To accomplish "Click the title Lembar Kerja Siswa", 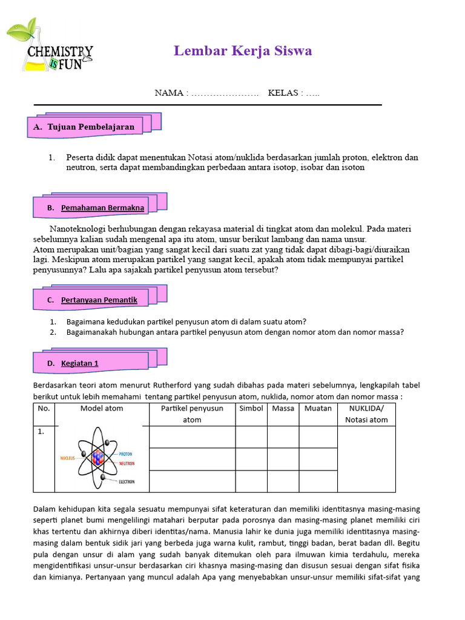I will (243, 51).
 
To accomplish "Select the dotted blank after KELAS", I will (312, 93).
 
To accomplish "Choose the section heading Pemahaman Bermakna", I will (102, 208).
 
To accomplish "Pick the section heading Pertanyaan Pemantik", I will (99, 300).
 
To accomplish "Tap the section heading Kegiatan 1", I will (79, 363).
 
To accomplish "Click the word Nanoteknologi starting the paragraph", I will (79, 229).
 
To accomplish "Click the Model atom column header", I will (102, 409).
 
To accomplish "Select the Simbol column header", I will (251, 409).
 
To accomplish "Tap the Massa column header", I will (283, 409).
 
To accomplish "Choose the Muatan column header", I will (318, 409).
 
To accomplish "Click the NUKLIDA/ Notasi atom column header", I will (366, 414).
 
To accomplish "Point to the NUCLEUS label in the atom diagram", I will (67, 458).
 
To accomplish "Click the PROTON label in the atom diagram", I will (125, 453).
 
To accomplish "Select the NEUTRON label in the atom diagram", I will (126, 463).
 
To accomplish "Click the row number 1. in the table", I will (41, 432).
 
